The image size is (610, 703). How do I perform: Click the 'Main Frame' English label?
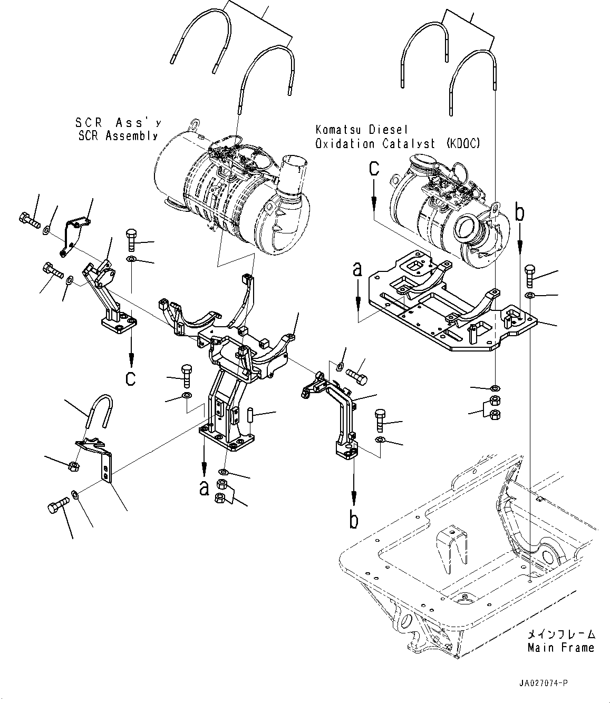[x=560, y=648]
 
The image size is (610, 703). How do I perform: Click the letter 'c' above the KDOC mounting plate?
[x=374, y=169]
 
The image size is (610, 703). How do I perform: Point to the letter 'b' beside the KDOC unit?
[x=520, y=213]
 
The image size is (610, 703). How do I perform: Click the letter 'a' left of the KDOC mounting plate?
[x=358, y=270]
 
